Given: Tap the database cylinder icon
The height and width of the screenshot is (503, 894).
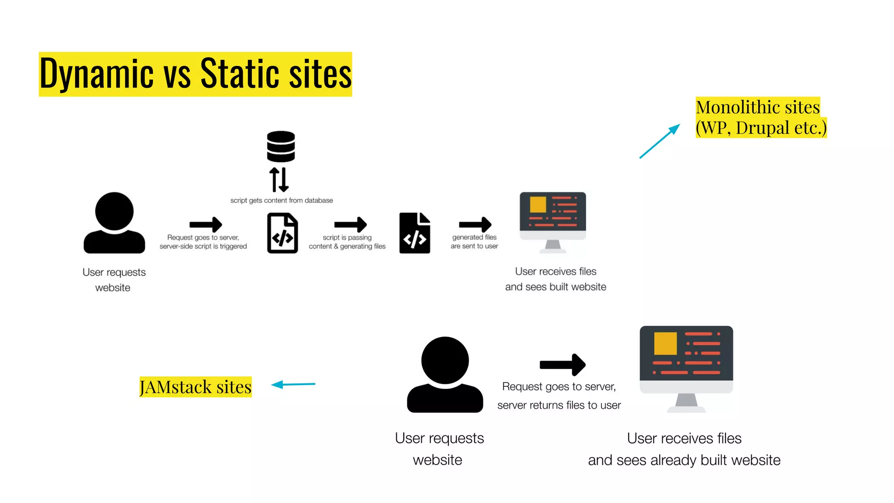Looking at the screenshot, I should pyautogui.click(x=281, y=146).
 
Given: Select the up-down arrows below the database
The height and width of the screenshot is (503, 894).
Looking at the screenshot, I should pyautogui.click(x=279, y=179).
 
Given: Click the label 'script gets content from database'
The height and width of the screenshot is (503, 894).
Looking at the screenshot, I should pyautogui.click(x=282, y=200).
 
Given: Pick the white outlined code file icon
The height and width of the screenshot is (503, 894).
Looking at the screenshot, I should pyautogui.click(x=282, y=233).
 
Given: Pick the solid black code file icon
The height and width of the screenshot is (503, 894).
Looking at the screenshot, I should pyautogui.click(x=415, y=233).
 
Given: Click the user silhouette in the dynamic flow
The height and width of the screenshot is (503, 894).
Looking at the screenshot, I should pyautogui.click(x=114, y=223).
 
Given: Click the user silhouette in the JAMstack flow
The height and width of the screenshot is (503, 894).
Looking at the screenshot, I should pyautogui.click(x=445, y=374).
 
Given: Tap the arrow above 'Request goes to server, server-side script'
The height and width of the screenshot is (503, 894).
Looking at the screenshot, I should pyautogui.click(x=206, y=224).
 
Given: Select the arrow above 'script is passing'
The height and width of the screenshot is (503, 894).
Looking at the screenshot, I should pyautogui.click(x=350, y=224).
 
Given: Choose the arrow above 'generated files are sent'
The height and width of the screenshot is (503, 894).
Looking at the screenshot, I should pyautogui.click(x=475, y=224).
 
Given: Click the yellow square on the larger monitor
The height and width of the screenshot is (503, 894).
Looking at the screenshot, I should pyautogui.click(x=665, y=343).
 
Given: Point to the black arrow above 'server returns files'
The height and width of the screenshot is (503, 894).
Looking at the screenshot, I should pyautogui.click(x=562, y=365).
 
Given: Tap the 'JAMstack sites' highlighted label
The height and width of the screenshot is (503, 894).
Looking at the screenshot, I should pyautogui.click(x=196, y=387).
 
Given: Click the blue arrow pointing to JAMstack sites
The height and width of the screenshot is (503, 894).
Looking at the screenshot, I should pyautogui.click(x=293, y=384).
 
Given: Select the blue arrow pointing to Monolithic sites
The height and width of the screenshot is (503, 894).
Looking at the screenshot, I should pyautogui.click(x=660, y=141).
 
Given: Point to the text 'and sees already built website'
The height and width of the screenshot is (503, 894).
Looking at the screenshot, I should pyautogui.click(x=684, y=460).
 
